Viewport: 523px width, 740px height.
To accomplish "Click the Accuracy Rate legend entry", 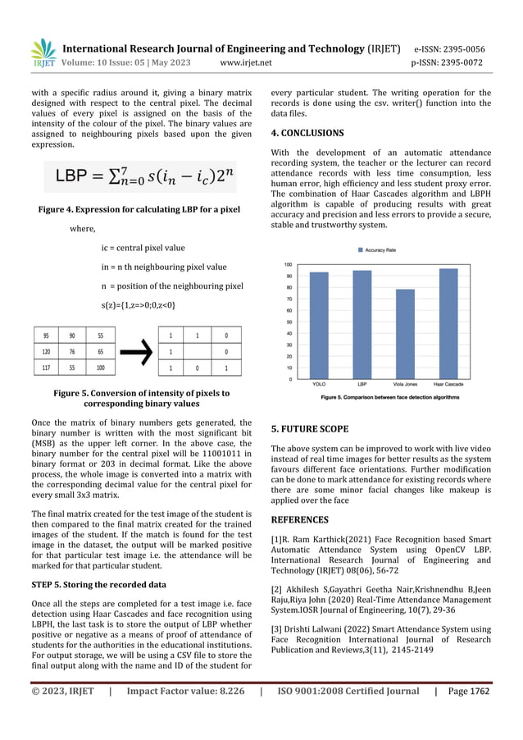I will pyautogui.click(x=381, y=249).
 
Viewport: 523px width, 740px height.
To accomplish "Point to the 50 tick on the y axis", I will pyautogui.click(x=288, y=322).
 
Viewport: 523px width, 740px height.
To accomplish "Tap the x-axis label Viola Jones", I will pyautogui.click(x=405, y=386).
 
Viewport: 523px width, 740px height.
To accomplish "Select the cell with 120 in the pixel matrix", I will pyautogui.click(x=46, y=351).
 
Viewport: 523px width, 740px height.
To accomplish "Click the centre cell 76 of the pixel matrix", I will pyautogui.click(x=73, y=351).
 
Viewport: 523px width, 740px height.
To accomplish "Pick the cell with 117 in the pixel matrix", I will pyautogui.click(x=46, y=368).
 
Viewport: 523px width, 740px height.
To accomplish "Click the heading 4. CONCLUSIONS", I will pyautogui.click(x=307, y=133).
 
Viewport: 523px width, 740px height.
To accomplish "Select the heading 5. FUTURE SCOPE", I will pyautogui.click(x=309, y=428).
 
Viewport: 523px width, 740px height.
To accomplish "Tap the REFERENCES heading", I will pyautogui.click(x=299, y=519).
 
